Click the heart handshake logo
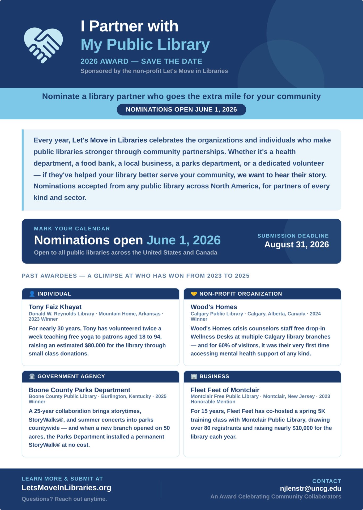click(43, 45)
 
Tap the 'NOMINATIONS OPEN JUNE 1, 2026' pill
click(181, 109)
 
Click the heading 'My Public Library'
click(145, 44)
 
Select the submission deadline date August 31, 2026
click(296, 244)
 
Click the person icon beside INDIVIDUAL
click(32, 294)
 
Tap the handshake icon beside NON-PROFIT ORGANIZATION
click(194, 294)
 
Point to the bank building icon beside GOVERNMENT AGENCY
click(32, 376)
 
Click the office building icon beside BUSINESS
click(194, 376)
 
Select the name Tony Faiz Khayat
click(55, 307)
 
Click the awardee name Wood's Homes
click(214, 307)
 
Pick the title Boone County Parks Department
click(79, 390)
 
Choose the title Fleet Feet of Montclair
click(225, 390)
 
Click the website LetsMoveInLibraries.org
click(66, 488)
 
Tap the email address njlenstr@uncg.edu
click(310, 488)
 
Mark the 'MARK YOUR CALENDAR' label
click(72, 229)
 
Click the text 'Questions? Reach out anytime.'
click(64, 499)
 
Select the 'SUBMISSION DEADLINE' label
click(293, 236)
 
